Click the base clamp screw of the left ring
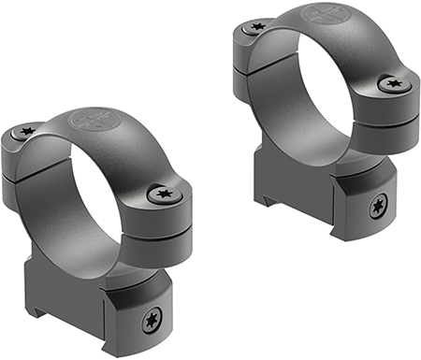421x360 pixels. click(x=150, y=323)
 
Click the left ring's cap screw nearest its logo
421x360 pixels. click(x=27, y=132)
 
